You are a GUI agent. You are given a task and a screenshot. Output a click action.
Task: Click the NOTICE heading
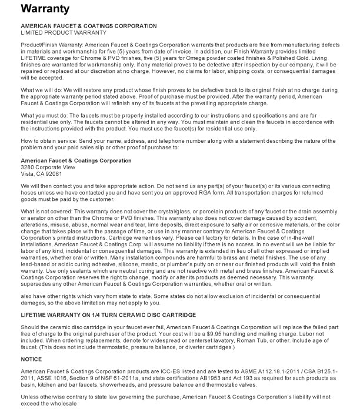(x=31, y=359)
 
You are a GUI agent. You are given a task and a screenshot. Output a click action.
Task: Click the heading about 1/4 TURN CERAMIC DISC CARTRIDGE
(x=108, y=316)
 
